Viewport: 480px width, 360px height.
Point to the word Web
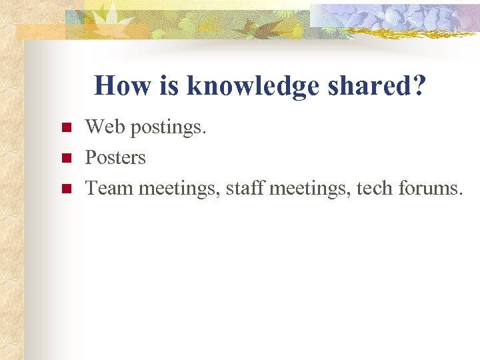(106, 126)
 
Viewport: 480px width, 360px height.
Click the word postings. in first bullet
(169, 127)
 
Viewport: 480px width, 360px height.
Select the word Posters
(115, 157)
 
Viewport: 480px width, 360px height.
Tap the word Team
(110, 189)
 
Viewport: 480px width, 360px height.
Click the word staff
(243, 189)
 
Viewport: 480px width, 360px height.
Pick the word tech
(375, 189)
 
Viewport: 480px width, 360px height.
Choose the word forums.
(431, 189)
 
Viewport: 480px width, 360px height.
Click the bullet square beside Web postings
(65, 127)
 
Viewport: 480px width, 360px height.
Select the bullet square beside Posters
(65, 159)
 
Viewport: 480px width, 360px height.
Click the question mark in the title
(418, 86)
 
